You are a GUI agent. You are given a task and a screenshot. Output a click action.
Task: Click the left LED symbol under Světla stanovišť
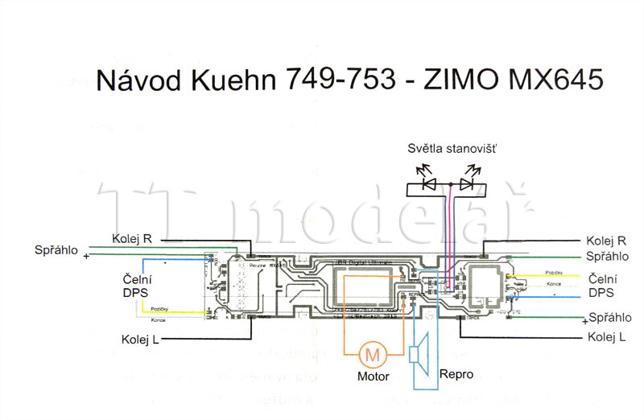click(x=429, y=184)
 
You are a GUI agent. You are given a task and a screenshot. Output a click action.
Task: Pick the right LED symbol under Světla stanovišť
click(x=467, y=184)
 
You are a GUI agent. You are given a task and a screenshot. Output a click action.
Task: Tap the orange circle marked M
click(x=371, y=352)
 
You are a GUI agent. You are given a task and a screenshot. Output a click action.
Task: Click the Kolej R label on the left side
click(x=131, y=238)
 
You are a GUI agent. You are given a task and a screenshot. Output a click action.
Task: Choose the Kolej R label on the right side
click(x=606, y=241)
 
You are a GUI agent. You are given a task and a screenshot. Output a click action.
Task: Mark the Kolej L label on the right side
click(x=606, y=336)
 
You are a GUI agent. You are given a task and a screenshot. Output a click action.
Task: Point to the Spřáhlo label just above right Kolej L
click(x=609, y=317)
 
